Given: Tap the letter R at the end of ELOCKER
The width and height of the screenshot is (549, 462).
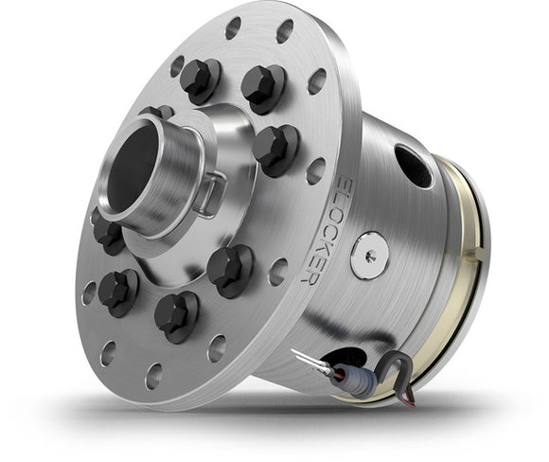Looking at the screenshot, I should coord(307,275).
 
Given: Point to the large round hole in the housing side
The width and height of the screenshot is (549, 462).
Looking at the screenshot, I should coord(413,165).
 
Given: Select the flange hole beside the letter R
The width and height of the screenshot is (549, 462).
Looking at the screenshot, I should coord(277,272).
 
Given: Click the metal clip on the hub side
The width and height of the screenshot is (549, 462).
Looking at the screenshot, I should coord(211,190).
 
